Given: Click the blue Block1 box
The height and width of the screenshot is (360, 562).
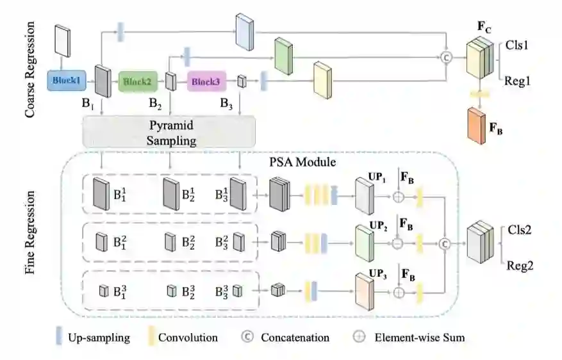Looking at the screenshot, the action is (67, 81).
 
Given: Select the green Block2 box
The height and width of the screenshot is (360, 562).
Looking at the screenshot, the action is (138, 81).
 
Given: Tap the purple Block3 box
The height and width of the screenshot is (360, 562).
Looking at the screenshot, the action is (206, 81).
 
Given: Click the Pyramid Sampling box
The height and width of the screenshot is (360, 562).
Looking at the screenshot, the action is (169, 132).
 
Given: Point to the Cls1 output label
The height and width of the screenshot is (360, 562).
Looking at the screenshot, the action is (517, 45).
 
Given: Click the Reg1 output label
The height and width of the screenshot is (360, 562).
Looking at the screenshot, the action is (517, 81).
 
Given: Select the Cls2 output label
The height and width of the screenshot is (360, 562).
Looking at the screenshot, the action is (519, 229).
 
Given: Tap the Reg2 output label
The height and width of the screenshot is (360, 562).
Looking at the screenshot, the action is (520, 265).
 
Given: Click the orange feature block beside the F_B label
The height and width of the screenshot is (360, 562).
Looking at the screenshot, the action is (477, 126).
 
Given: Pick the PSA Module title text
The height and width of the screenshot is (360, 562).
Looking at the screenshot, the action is (302, 162).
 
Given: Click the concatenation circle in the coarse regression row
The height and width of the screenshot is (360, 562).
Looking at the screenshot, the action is (446, 57).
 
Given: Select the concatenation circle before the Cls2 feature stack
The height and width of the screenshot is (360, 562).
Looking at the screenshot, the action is (445, 244).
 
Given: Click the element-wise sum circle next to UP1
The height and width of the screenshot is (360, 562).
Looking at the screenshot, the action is (399, 197).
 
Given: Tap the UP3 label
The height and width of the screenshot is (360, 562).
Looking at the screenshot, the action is (378, 274).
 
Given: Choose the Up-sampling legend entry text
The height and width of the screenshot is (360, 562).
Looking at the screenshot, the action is (99, 338).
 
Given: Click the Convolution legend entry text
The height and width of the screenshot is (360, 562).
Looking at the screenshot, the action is (188, 338).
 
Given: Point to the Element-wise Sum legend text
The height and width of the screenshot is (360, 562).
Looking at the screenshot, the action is (420, 338).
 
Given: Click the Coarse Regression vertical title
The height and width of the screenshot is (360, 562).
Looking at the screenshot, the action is (30, 69).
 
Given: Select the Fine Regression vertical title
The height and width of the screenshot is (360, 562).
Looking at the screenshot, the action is (30, 233).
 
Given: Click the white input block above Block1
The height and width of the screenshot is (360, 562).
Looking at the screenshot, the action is (62, 41).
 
